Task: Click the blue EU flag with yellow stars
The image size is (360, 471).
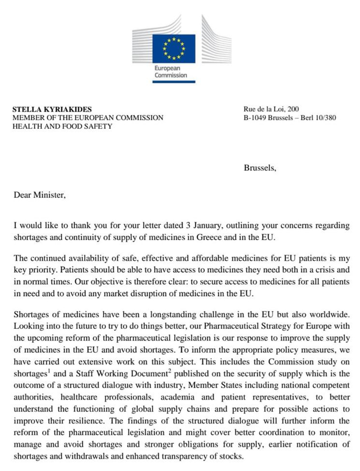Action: pyautogui.click(x=174, y=49)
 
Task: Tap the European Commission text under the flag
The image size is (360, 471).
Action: pyautogui.click(x=170, y=72)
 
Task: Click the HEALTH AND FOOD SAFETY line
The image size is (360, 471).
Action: pyautogui.click(x=62, y=126)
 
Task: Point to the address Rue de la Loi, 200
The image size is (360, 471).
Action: pyautogui.click(x=270, y=110)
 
